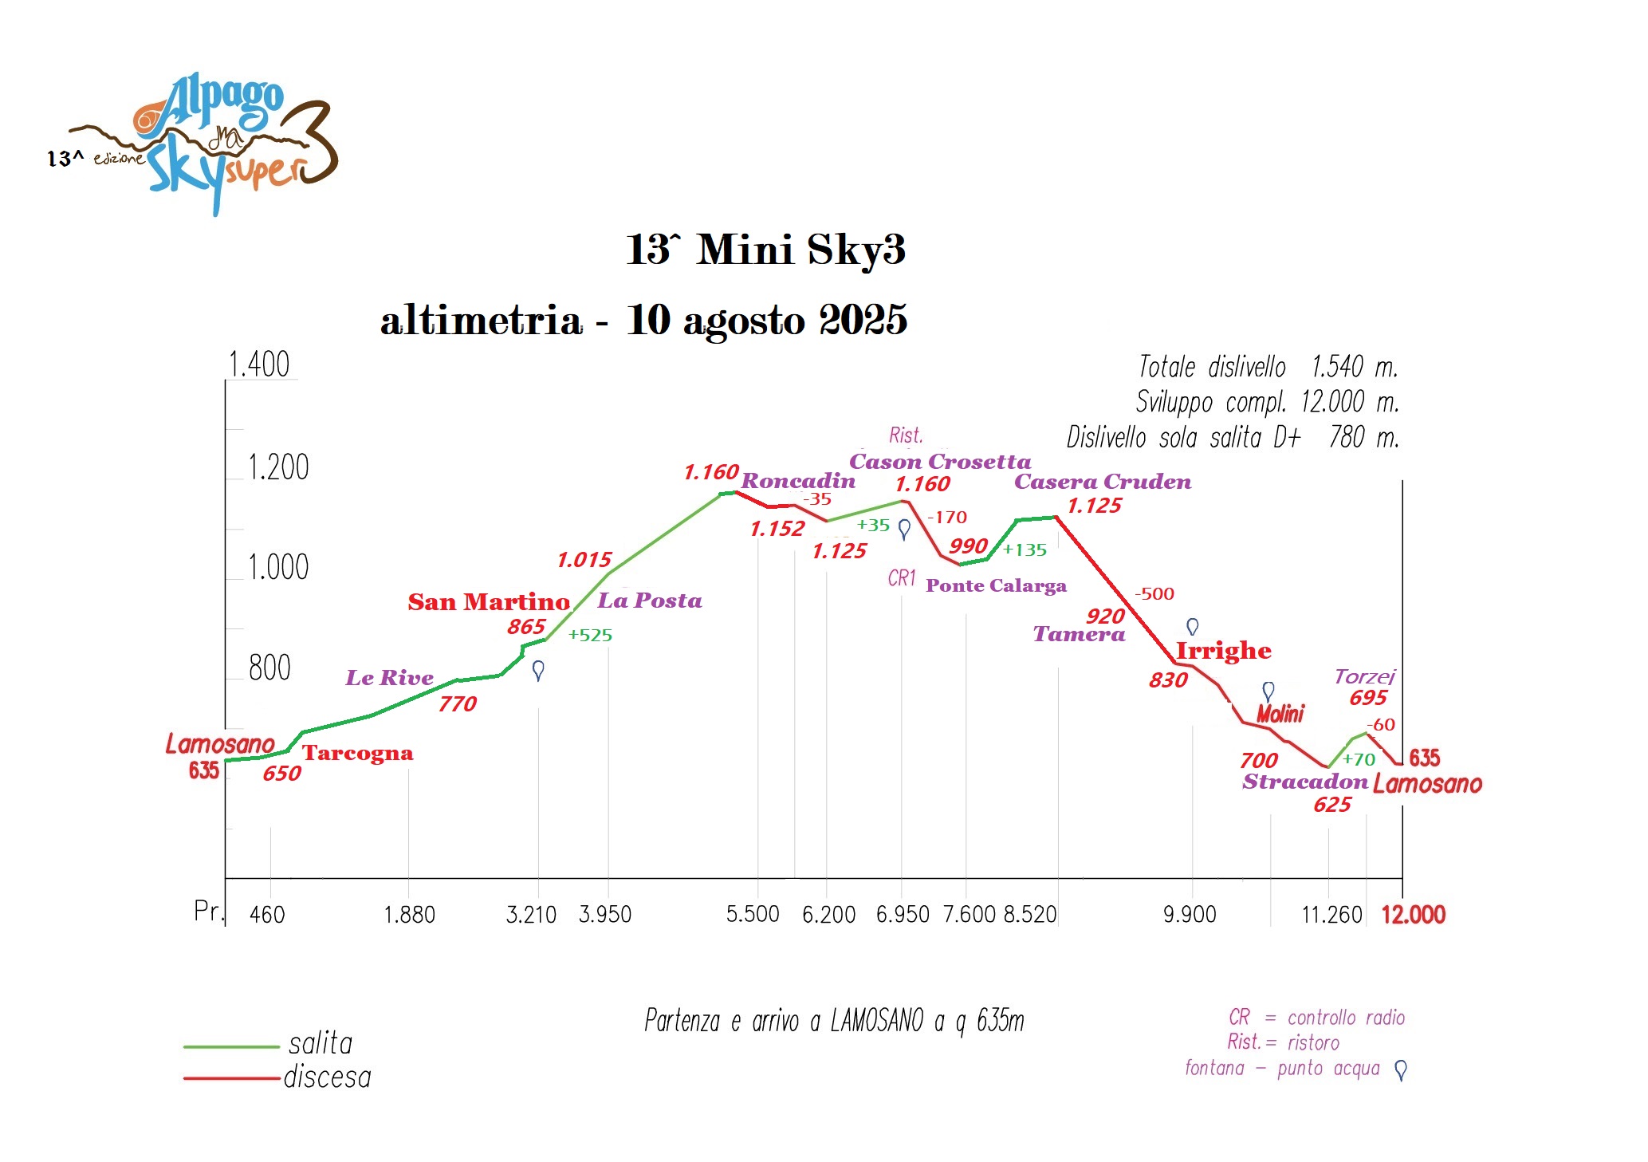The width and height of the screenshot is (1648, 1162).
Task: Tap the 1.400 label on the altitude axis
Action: [x=258, y=364]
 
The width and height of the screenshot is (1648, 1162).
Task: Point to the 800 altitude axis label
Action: [x=269, y=668]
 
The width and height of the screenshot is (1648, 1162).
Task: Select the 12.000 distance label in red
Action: [x=1413, y=914]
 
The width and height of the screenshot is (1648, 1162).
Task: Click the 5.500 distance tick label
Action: [x=752, y=914]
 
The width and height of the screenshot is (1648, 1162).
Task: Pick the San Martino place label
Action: [x=489, y=601]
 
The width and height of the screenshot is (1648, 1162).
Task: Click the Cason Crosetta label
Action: [x=939, y=461]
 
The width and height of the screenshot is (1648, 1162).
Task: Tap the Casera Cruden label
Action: [x=1102, y=482]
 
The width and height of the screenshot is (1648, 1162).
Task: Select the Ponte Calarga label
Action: [x=996, y=585]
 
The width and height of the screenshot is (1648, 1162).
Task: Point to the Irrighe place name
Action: [x=1223, y=651]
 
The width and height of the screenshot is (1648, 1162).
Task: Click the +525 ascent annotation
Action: [x=590, y=635]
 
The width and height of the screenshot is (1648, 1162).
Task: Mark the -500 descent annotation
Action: [x=1154, y=593]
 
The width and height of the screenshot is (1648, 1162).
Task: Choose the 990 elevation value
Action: [x=968, y=546]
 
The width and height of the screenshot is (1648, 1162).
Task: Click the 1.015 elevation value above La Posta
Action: [x=584, y=560]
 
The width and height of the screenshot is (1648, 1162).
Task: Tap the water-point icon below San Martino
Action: [x=538, y=670]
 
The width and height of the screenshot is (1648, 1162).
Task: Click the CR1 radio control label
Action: [x=902, y=578]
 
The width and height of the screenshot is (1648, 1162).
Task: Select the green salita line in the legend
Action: [x=231, y=1046]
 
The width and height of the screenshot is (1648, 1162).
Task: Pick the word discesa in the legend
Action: [x=327, y=1077]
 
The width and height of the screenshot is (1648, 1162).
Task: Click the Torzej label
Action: [x=1364, y=677]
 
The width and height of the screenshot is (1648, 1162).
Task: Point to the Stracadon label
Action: [x=1304, y=782]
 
